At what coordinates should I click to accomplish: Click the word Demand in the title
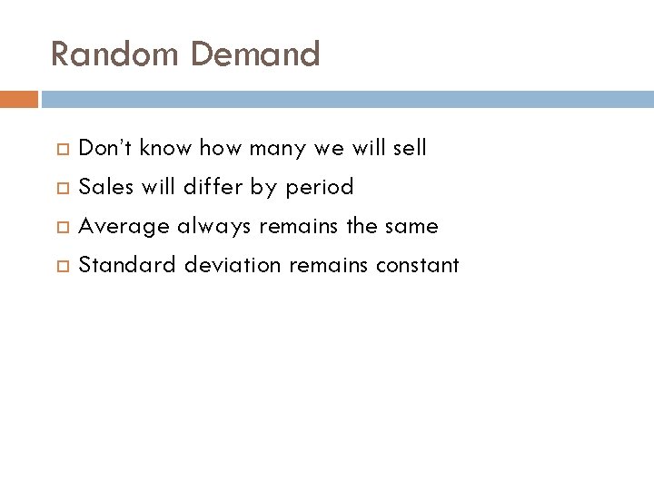[x=255, y=54]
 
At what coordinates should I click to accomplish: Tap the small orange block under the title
[x=19, y=99]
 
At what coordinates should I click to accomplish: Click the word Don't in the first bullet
[x=104, y=148]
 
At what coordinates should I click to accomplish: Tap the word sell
[x=410, y=148]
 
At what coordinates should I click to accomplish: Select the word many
[x=278, y=148]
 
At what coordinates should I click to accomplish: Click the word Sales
[x=105, y=187]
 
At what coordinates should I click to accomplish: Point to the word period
[x=319, y=188]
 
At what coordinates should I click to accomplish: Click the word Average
[x=124, y=226]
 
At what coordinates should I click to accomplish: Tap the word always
[x=213, y=226]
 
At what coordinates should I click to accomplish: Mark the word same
[x=412, y=226]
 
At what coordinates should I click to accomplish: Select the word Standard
[x=127, y=265]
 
